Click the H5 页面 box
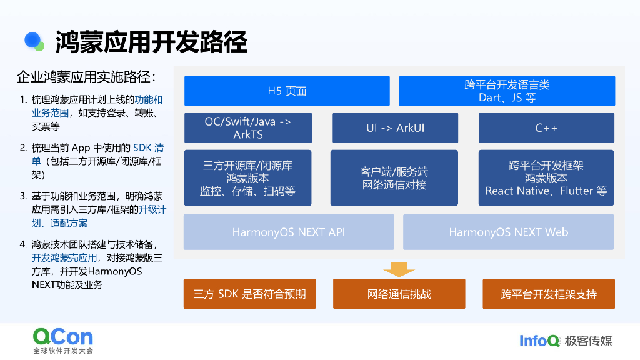(287, 91)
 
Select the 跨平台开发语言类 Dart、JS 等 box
(507, 91)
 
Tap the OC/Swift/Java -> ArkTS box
(247, 128)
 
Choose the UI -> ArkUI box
(395, 128)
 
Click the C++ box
(546, 128)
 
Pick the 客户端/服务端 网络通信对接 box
(394, 178)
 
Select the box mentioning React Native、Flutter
(546, 178)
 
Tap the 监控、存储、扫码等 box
(247, 178)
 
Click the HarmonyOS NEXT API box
(289, 232)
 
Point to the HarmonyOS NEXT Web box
(508, 232)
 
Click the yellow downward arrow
(399, 269)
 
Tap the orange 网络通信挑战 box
(399, 294)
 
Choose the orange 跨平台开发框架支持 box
(548, 294)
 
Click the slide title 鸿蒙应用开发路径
(151, 42)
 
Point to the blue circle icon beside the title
(33, 41)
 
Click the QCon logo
(63, 337)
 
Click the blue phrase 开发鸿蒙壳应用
(64, 258)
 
